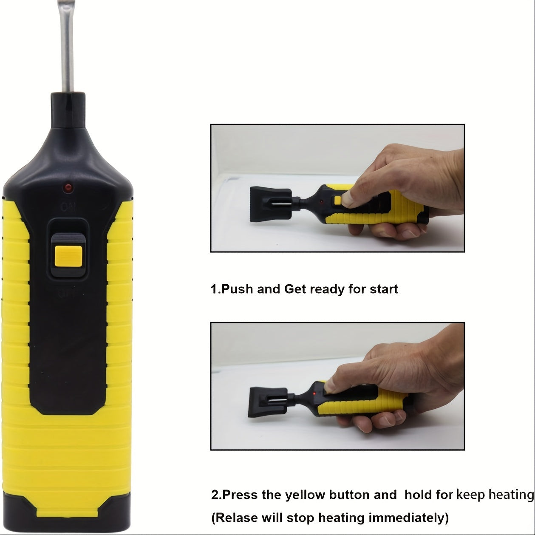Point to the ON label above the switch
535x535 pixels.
click(68, 207)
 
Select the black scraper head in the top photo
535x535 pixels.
click(271, 204)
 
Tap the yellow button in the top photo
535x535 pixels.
click(338, 201)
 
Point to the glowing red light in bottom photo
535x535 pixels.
click(314, 393)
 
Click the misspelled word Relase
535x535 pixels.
click(235, 518)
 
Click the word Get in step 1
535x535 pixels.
click(295, 289)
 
